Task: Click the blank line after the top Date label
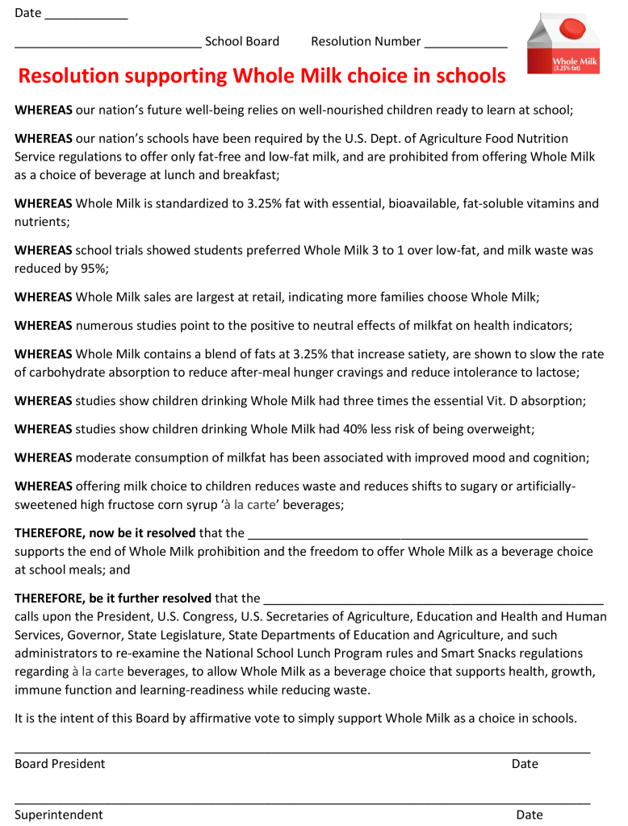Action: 86,15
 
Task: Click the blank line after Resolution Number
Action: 466,43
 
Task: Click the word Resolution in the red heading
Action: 71,77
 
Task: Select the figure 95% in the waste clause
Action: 92,268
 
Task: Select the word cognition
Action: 559,457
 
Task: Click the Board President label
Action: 60,763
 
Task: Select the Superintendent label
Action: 59,814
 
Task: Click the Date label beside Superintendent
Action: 530,814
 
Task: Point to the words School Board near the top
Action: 242,41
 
